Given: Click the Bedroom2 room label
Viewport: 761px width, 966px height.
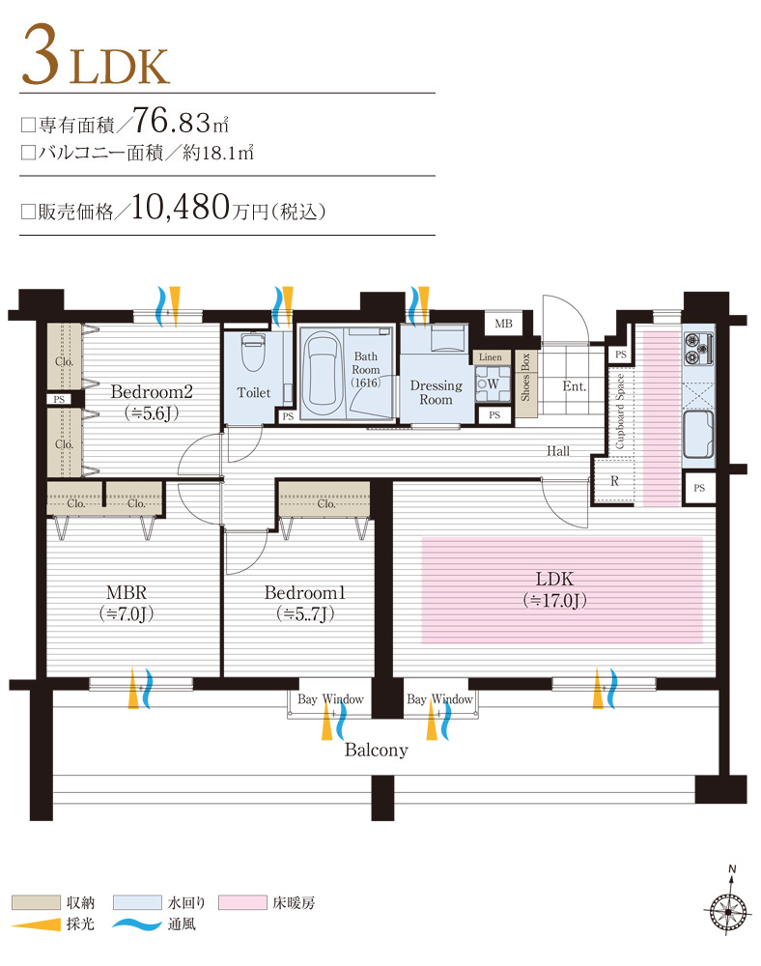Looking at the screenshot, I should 152,392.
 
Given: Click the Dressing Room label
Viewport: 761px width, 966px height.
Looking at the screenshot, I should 437,392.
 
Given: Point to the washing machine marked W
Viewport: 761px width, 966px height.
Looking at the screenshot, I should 493,384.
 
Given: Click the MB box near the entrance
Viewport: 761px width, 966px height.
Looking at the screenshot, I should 503,324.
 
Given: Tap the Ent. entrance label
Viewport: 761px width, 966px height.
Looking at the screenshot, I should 575,385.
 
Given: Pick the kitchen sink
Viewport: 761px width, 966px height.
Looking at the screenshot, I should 697,436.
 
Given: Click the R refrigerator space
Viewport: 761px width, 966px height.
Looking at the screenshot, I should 613,480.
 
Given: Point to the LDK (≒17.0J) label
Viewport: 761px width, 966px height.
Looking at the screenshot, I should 554,589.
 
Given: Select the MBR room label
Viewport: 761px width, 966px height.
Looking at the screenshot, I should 127,601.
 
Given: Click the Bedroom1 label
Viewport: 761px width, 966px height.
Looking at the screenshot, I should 304,601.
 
